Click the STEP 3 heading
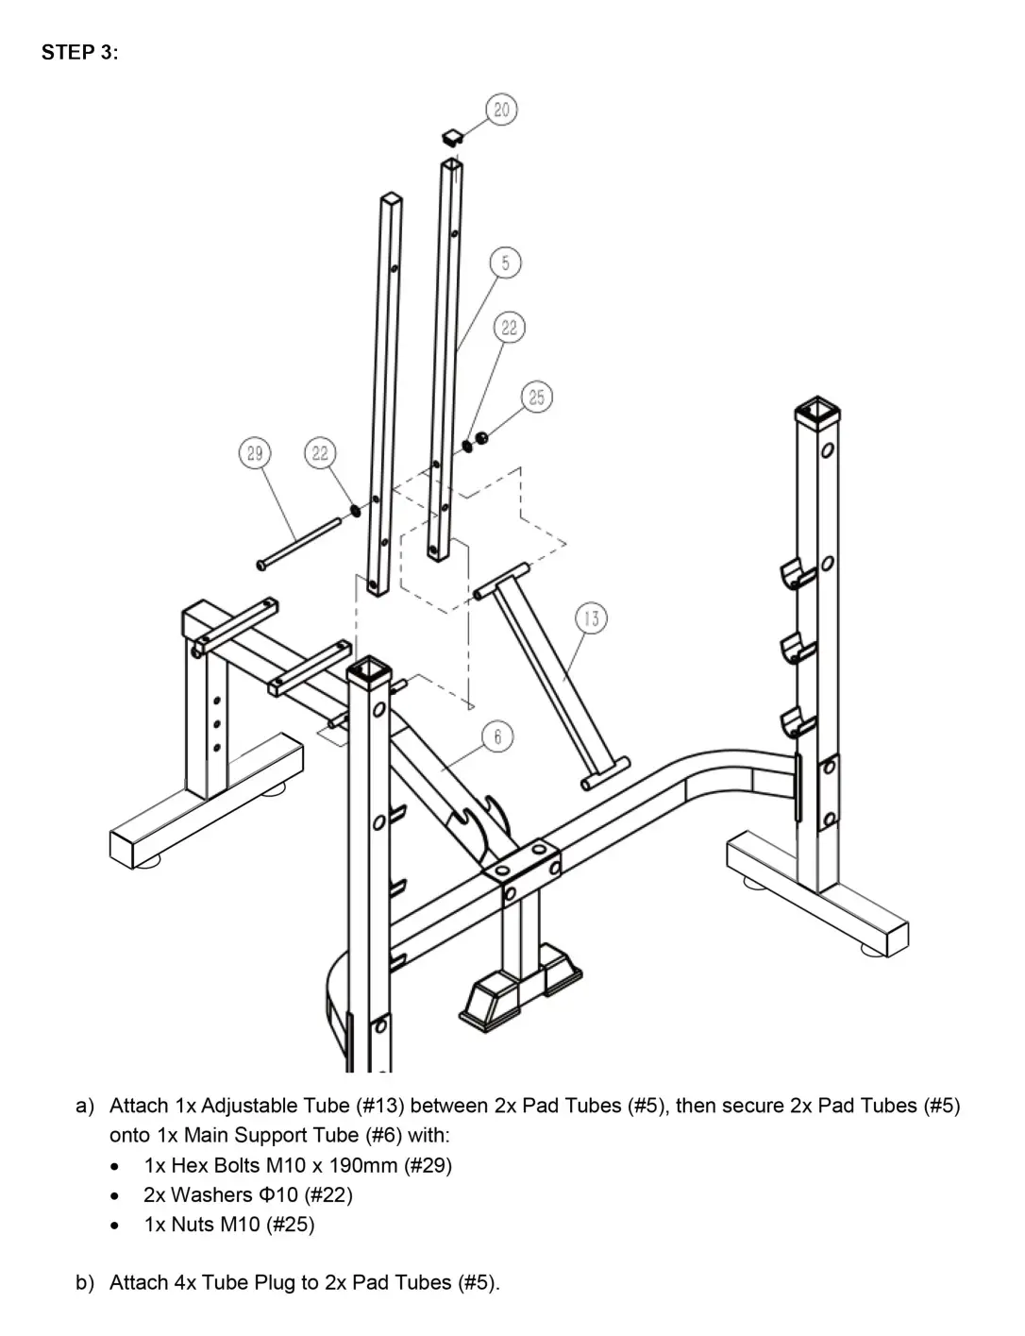[x=79, y=53]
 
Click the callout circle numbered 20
[x=500, y=110]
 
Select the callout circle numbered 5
[x=505, y=263]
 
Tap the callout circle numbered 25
[x=536, y=397]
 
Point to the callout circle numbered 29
[x=254, y=453]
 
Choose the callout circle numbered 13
[x=591, y=619]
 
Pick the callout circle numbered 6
[x=497, y=736]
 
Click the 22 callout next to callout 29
[x=320, y=453]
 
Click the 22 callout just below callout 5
[x=510, y=328]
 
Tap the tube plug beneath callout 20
[x=452, y=137]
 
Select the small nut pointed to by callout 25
[x=481, y=437]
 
